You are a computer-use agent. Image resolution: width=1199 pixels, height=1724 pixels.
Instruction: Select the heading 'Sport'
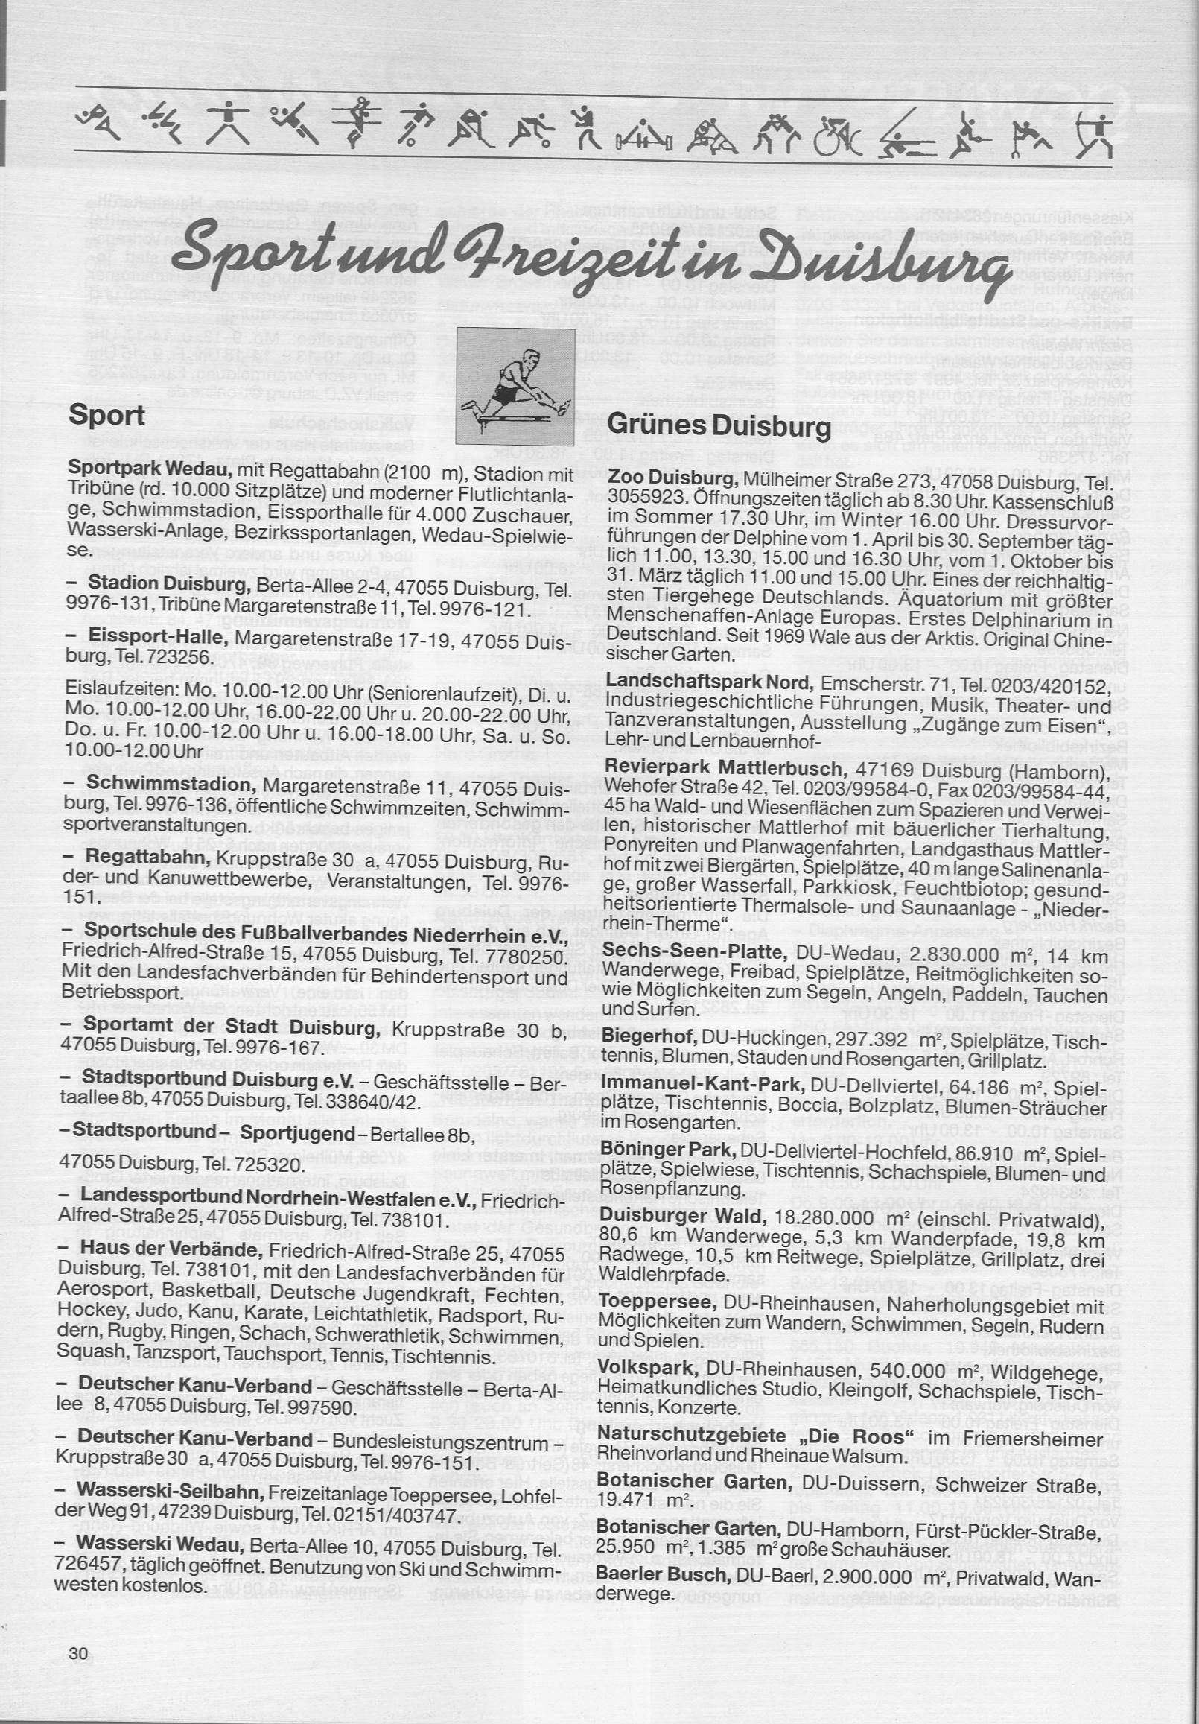(106, 414)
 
